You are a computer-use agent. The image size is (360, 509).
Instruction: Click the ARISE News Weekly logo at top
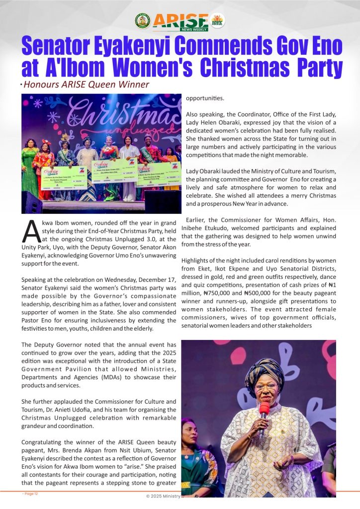click(180, 21)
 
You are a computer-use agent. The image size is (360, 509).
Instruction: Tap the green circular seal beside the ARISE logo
click(142, 21)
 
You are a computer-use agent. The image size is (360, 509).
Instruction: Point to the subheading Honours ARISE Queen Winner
click(86, 85)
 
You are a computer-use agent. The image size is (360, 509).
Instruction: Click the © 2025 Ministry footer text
click(164, 496)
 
